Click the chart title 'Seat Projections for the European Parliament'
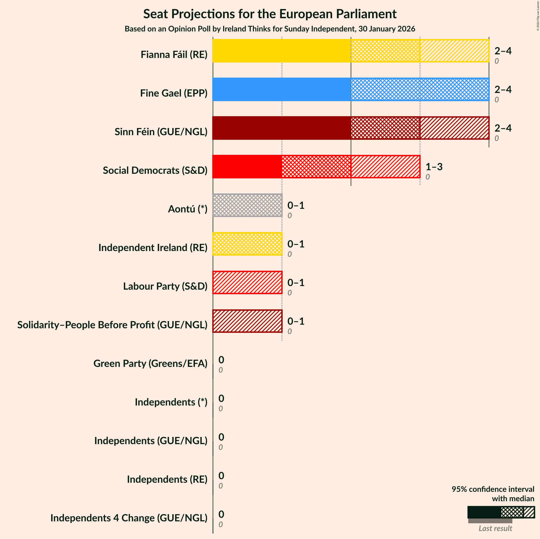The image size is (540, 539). [270, 14]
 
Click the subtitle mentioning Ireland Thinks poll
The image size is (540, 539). [270, 29]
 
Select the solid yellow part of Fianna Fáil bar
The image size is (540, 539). [282, 51]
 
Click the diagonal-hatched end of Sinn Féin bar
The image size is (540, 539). [454, 128]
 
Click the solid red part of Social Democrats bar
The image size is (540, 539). [247, 166]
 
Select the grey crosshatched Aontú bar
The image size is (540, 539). [247, 205]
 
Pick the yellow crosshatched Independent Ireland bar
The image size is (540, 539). [247, 244]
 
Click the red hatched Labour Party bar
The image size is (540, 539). [247, 282]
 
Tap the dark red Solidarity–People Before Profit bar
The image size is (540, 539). [247, 321]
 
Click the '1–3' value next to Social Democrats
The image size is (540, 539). [434, 167]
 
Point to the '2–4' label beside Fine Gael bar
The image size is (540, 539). [503, 89]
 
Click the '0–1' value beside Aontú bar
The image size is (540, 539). [296, 205]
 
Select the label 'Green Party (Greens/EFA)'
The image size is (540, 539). [150, 363]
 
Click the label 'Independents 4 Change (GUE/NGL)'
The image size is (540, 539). [129, 518]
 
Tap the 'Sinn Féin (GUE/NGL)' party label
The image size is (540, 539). [161, 132]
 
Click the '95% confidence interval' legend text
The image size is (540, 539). [493, 489]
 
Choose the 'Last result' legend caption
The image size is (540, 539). [495, 528]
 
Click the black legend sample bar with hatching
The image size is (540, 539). [501, 512]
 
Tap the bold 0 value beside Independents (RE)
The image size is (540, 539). [221, 475]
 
